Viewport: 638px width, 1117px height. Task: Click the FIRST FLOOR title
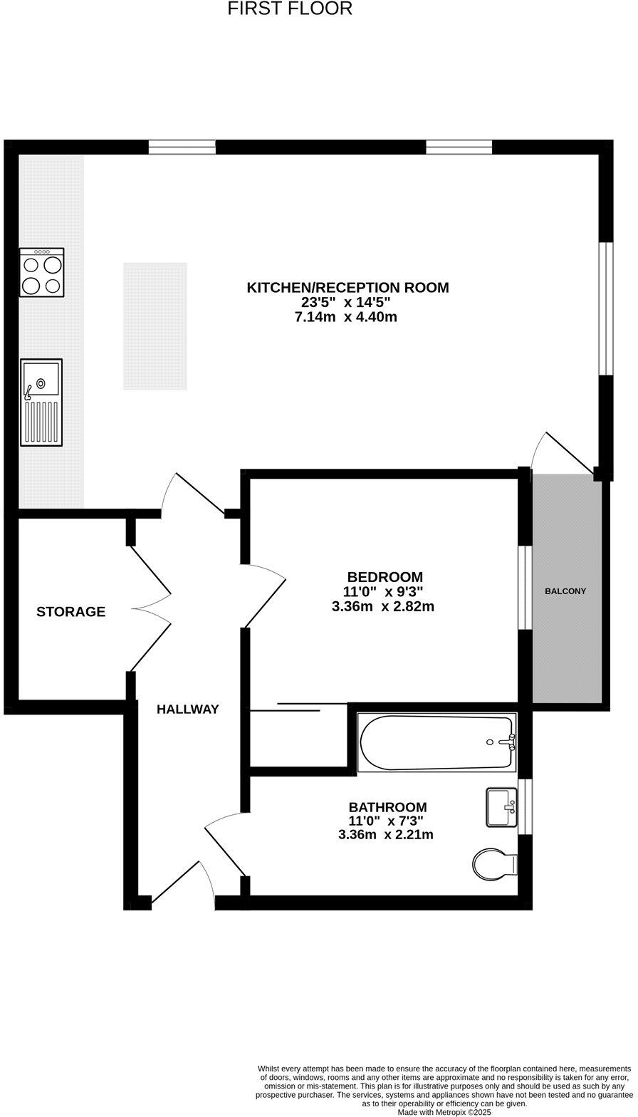point(290,9)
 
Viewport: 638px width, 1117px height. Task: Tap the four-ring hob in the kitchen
point(41,272)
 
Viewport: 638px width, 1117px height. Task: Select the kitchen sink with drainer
point(41,402)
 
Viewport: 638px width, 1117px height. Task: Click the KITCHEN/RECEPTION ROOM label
point(347,288)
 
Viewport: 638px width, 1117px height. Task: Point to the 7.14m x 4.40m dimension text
point(345,317)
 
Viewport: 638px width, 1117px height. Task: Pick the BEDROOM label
point(385,577)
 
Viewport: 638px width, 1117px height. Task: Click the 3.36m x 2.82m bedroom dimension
point(383,607)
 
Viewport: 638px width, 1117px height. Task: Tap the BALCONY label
point(565,591)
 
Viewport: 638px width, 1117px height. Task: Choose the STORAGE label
point(70,612)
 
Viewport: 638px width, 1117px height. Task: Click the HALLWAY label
point(187,710)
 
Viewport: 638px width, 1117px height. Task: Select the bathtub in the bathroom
point(436,742)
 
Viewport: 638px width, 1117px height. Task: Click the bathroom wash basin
point(501,807)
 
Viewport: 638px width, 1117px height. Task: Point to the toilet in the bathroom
point(494,864)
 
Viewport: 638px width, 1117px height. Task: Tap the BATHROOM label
point(387,807)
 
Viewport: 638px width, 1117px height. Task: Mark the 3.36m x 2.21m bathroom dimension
point(386,834)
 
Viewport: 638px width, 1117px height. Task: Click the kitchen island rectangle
point(155,326)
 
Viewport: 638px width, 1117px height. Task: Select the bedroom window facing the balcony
point(525,588)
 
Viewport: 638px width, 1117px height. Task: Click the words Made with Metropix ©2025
point(444,1111)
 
